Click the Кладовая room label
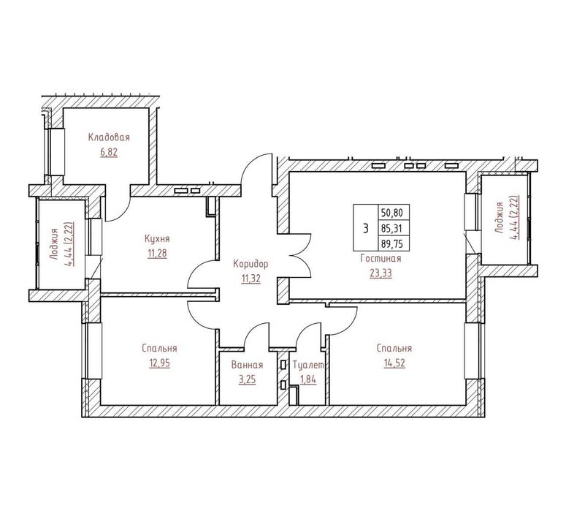(x=109, y=137)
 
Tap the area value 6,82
(x=109, y=152)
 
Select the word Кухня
(x=157, y=239)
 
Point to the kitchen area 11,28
(x=157, y=254)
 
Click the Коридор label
(x=251, y=264)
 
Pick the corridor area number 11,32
(x=251, y=279)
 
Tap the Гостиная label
(x=380, y=258)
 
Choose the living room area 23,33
(x=380, y=273)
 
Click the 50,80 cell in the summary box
(x=394, y=212)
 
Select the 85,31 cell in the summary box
(x=394, y=228)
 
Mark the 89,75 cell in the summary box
(x=394, y=243)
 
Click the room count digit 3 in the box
(x=366, y=228)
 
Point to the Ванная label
(x=248, y=365)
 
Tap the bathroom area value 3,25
(x=248, y=380)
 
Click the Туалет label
(x=309, y=365)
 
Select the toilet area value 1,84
(x=309, y=380)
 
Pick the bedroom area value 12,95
(x=159, y=363)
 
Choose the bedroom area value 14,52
(x=394, y=363)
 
